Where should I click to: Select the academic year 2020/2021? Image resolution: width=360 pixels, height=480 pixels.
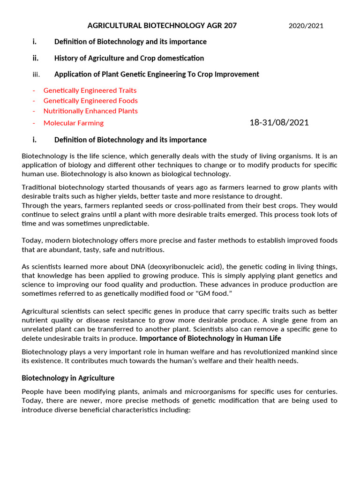click(x=306, y=26)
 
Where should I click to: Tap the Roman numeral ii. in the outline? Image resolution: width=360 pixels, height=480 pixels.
click(x=35, y=58)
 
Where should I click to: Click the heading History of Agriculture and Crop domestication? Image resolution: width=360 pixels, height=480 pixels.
click(x=129, y=58)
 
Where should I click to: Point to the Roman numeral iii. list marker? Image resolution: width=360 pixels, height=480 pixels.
click(x=36, y=75)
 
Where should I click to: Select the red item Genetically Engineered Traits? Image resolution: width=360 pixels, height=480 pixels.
click(x=90, y=90)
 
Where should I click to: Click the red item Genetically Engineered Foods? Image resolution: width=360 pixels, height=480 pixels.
click(x=90, y=101)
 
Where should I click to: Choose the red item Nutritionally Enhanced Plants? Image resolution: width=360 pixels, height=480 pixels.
click(x=90, y=111)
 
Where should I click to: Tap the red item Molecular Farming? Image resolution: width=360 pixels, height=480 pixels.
click(x=74, y=123)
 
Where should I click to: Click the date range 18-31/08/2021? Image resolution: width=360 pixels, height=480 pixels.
click(x=279, y=123)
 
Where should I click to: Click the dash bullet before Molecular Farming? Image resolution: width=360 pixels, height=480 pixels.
click(x=34, y=123)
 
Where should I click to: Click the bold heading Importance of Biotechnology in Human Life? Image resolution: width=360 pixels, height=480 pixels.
click(x=210, y=338)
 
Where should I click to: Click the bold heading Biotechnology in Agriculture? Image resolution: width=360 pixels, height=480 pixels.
click(x=68, y=378)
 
